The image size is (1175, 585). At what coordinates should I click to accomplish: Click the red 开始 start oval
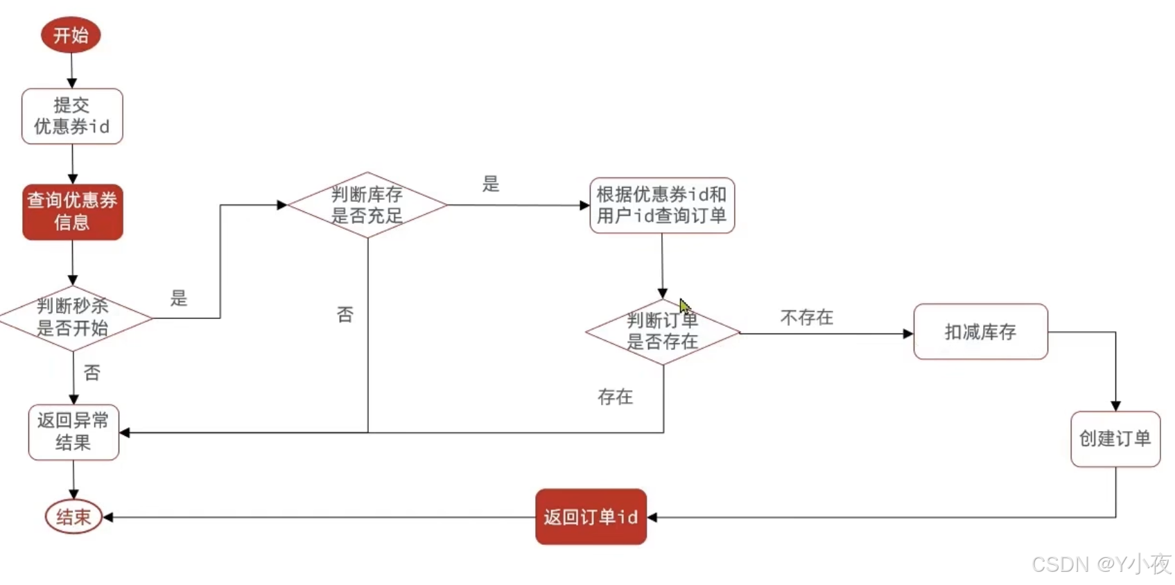71,35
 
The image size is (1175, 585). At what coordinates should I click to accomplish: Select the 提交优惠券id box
72,116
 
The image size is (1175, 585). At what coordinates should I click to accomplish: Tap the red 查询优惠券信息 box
73,211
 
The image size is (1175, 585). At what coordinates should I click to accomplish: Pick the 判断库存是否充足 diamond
367,205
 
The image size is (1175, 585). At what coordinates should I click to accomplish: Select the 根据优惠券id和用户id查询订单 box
661,205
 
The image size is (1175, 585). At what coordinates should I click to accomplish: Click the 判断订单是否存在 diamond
662,331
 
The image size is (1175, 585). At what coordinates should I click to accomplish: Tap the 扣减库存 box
980,331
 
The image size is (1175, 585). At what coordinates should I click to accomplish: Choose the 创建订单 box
1115,439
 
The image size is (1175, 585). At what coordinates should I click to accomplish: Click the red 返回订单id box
591,516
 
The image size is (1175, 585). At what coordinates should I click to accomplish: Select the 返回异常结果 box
73,432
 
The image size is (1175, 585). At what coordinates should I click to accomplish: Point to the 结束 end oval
73,516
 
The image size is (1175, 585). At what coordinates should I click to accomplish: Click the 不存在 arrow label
806,317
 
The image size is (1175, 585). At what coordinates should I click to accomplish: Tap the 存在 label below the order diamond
615,396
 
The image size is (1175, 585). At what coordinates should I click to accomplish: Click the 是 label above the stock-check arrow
491,184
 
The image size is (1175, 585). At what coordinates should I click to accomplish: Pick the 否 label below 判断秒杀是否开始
92,373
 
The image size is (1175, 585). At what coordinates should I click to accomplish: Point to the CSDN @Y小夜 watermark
1101,564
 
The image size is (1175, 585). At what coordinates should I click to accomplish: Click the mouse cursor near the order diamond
684,305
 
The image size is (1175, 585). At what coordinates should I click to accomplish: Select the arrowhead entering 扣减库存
908,333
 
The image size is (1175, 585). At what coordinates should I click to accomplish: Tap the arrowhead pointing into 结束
108,517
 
